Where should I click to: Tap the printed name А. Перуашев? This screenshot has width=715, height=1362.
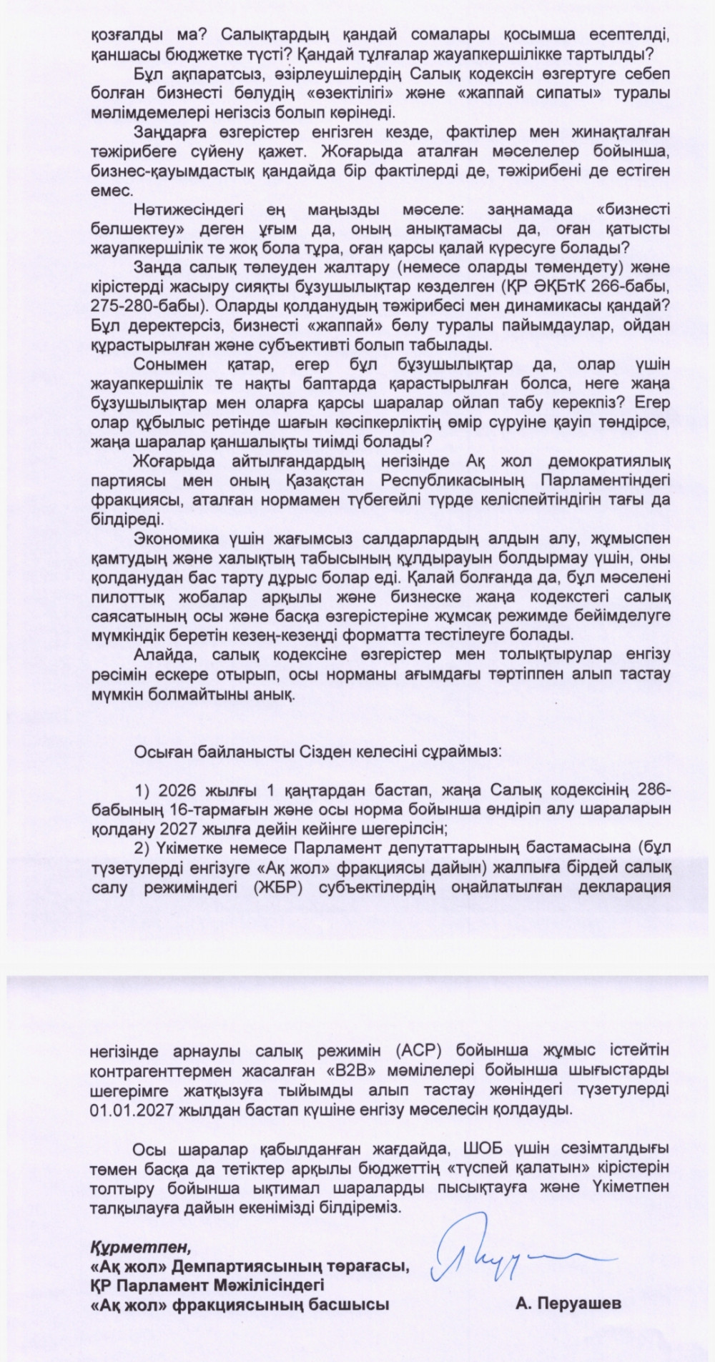pos(568,1303)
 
